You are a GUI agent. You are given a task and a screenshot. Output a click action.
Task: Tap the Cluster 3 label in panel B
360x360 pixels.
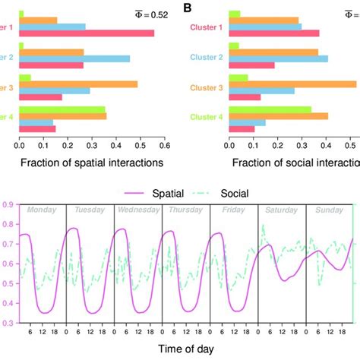(207, 89)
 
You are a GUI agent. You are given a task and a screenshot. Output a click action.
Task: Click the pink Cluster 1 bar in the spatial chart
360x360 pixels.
(87, 33)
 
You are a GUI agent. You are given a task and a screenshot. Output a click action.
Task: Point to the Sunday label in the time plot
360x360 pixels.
(329, 210)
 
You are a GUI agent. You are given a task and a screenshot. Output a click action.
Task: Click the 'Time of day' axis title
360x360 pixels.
(185, 349)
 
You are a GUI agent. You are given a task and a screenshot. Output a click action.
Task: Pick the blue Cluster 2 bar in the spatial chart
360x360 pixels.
(74, 58)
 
